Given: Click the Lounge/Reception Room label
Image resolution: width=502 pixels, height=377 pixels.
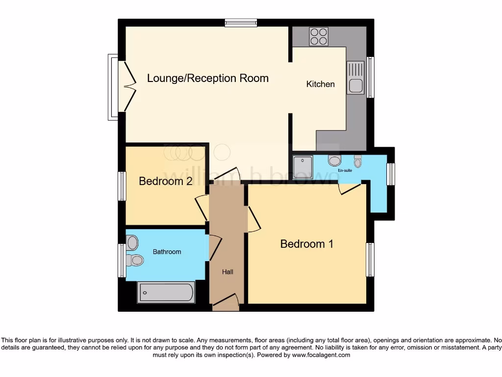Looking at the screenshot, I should tap(208, 78).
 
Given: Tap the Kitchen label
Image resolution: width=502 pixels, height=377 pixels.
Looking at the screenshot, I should tap(321, 84).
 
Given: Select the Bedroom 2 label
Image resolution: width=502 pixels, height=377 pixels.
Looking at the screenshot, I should tap(165, 181).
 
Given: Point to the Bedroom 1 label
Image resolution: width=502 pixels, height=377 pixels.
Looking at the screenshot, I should tap(307, 243).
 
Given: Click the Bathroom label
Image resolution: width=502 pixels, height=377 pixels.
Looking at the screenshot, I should tap(167, 252).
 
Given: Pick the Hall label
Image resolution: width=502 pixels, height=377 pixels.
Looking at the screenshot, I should tap(227, 271).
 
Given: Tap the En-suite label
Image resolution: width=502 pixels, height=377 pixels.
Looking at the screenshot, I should tap(345, 171).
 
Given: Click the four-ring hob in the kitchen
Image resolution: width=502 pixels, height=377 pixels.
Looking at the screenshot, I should tap(319, 36).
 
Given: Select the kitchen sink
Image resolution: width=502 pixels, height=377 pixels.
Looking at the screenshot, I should tap(355, 78).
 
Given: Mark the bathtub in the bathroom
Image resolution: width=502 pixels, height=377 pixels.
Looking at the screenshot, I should tap(166, 293).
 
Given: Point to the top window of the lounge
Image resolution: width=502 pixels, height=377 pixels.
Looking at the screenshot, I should tap(241, 22).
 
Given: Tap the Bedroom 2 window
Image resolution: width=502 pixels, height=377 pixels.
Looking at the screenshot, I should tap(122, 186).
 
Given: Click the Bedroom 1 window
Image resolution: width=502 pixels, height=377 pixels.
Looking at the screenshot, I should tap(371, 259).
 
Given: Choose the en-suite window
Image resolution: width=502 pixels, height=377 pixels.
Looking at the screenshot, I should tap(390, 174).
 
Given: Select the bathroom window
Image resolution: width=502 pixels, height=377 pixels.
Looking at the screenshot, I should tap(122, 260).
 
